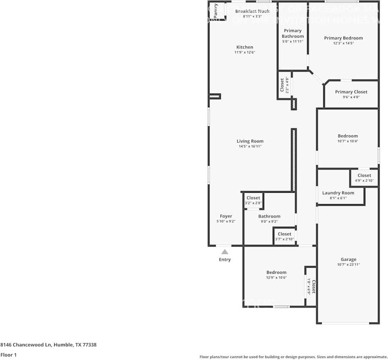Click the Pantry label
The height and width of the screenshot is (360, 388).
point(216,9)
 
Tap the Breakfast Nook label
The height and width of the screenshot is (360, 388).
point(252,11)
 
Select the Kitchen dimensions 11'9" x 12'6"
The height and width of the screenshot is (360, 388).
point(245,53)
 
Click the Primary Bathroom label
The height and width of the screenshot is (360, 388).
point(293,33)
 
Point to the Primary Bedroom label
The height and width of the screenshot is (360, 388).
point(343,38)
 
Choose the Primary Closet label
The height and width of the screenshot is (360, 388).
point(351,92)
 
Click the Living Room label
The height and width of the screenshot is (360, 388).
point(250,141)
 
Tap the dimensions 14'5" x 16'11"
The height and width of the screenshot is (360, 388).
point(250,147)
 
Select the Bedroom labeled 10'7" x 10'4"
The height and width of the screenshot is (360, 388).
point(348,136)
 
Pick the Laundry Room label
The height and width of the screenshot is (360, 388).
point(338,193)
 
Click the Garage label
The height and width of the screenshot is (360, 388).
point(348,260)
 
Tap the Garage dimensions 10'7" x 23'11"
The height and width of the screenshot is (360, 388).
point(348,265)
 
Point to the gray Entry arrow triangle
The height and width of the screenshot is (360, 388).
point(225,252)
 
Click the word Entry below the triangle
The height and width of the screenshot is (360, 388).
point(225,260)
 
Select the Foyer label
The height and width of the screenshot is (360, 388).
point(226,216)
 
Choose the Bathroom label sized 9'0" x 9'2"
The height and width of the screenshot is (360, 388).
point(269,216)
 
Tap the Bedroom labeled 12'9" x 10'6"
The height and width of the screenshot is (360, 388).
point(276,273)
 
